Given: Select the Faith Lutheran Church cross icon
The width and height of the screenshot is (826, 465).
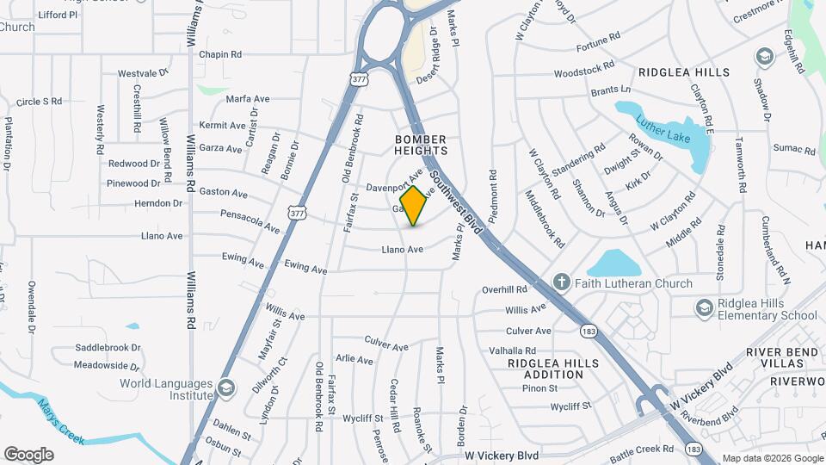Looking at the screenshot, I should tap(561, 282).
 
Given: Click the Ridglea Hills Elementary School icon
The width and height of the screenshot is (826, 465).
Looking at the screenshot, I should tap(704, 307).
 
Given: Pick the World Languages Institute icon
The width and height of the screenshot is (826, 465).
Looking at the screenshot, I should tap(226, 388).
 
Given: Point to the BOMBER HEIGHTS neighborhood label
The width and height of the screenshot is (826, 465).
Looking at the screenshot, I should tap(421, 145).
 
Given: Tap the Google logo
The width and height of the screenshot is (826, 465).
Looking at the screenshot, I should tap(28, 455).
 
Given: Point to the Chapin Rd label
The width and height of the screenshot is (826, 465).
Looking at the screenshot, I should tap(219, 54).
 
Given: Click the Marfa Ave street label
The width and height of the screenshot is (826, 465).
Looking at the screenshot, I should tap(248, 99).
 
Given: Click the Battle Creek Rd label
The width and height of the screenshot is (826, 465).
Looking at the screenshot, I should tap(642, 449).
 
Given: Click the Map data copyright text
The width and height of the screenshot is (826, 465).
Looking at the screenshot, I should tap(772, 458).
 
